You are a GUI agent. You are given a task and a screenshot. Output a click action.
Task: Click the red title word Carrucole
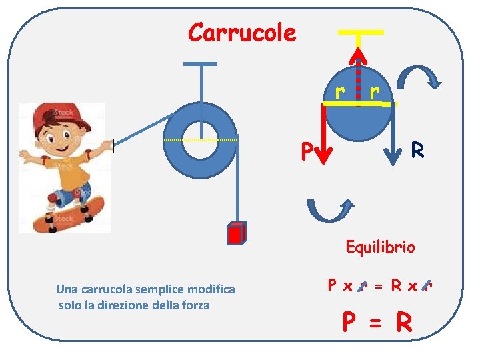click(242, 32)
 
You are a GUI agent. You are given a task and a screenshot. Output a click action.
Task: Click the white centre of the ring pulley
click(200, 141)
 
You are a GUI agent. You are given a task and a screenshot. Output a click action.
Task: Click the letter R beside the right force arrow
click(418, 150)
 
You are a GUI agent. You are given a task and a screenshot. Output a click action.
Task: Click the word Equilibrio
click(380, 247)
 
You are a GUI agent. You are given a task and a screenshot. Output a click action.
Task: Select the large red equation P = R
click(377, 323)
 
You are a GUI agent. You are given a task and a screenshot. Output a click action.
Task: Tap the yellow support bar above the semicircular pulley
click(360, 32)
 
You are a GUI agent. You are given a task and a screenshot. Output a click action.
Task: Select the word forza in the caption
click(195, 305)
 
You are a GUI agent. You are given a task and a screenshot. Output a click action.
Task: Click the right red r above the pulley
click(375, 90)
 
